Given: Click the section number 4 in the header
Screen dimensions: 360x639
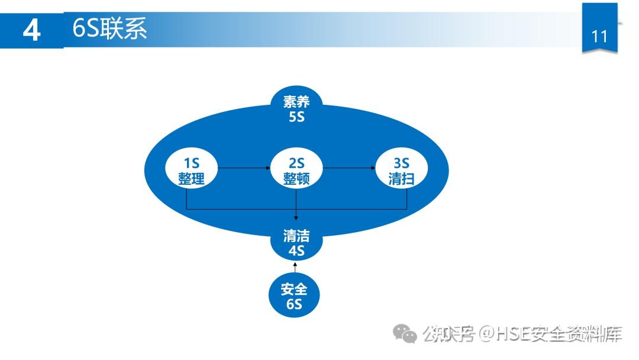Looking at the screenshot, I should point(31,30).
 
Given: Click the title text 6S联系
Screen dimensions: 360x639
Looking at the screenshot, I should point(109,27).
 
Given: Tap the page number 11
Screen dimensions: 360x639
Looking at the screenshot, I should point(599,36).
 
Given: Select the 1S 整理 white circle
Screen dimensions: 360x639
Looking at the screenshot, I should point(191,170).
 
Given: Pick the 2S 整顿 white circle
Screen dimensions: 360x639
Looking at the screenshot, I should point(296,170).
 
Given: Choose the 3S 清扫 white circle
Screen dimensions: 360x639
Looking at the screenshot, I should point(402,170).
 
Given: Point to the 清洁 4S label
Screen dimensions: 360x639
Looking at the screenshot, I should point(296,243).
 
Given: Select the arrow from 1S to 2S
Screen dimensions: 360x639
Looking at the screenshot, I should point(244,168).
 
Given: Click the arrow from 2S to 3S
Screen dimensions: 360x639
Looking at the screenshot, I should point(349,168).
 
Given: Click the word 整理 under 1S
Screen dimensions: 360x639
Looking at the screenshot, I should point(191,178).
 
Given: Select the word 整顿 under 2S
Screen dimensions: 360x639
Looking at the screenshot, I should point(296,178).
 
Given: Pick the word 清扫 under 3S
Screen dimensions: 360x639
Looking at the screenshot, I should point(402,178).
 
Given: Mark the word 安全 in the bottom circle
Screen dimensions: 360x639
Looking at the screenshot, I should point(295,290).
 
